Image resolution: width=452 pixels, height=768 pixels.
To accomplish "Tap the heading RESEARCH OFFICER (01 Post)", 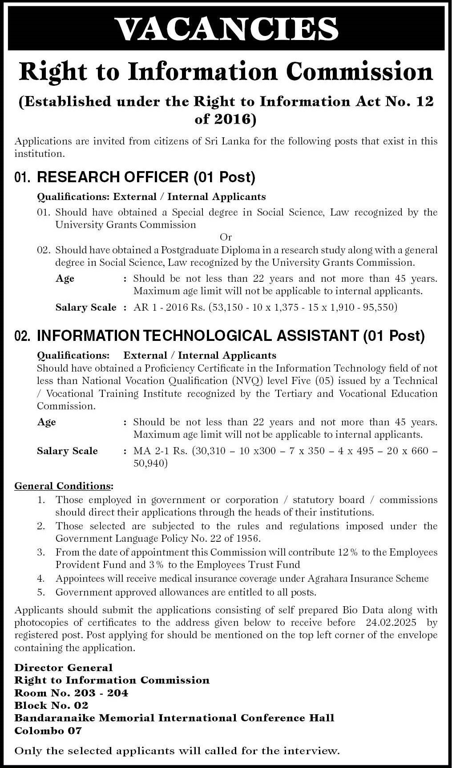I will tap(146, 177).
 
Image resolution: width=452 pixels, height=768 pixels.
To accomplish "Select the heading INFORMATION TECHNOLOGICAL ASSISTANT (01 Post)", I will tap(230, 336).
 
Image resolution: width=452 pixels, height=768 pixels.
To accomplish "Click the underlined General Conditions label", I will tap(64, 486).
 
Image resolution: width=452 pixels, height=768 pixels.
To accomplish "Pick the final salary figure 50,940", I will tap(151, 464).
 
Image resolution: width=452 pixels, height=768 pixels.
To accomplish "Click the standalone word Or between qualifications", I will tap(226, 237).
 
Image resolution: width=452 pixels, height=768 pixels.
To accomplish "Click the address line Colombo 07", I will tap(48, 730).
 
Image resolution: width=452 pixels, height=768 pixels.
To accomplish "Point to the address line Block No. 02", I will tap(51, 705).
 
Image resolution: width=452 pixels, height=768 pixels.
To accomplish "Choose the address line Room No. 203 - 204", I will tap(71, 692).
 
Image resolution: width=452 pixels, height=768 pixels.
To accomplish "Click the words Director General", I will tap(64, 668).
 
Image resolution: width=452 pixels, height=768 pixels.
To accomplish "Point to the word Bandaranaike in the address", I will tap(48, 717).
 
